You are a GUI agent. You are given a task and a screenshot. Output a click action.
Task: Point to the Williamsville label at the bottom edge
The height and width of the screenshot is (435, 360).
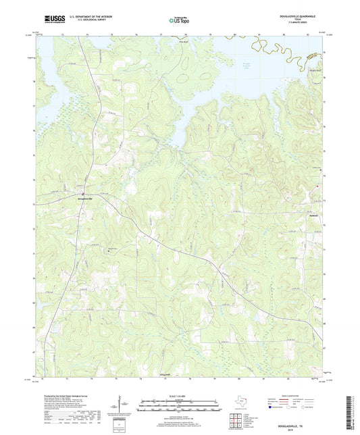pos(164,374)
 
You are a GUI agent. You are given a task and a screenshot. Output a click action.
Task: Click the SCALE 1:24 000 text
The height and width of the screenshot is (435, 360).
pos(180,395)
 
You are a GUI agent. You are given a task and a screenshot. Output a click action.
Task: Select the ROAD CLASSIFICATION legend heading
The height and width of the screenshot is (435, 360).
pos(299,393)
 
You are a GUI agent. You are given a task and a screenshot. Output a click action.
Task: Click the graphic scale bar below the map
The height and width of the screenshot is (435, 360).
pos(180,407)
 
